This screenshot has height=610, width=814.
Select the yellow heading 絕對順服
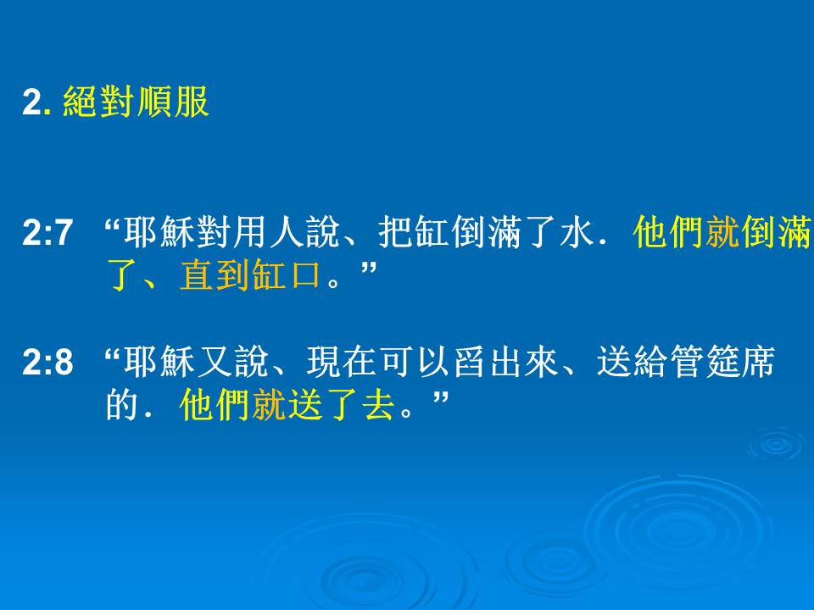pos(136,102)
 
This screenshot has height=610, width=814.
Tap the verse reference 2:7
pos(47,232)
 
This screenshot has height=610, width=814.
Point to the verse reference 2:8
pos(47,362)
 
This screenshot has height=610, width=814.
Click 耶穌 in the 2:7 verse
pos(159,232)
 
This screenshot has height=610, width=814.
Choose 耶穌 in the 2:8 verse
pos(159,362)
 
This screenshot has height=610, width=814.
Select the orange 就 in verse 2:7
pos(722,232)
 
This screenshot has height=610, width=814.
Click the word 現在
pos(341,362)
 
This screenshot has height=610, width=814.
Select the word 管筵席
pos(722,362)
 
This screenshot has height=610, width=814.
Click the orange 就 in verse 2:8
pos(268,405)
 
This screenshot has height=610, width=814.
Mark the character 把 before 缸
pos(395,232)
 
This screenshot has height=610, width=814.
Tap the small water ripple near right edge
pos(777,445)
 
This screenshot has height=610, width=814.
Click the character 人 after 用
pos(286,232)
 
